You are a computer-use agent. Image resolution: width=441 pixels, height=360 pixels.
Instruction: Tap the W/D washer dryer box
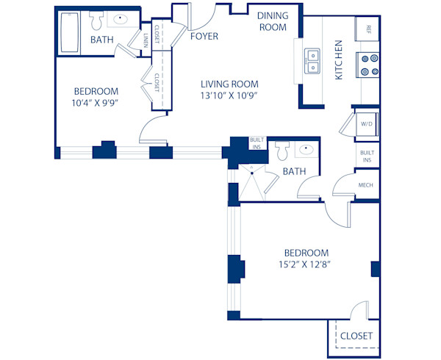tap(366, 124)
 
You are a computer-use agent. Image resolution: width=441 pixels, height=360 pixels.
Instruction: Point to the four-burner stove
tap(368, 65)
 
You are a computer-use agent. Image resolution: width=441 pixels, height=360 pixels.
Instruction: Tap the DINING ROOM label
tap(271, 21)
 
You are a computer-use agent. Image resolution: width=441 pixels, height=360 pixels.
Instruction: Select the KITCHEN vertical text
tap(339, 60)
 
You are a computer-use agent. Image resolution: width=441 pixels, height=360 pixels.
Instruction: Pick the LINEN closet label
tap(146, 38)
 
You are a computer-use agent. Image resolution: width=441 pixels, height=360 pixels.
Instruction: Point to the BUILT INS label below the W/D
tap(366, 156)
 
